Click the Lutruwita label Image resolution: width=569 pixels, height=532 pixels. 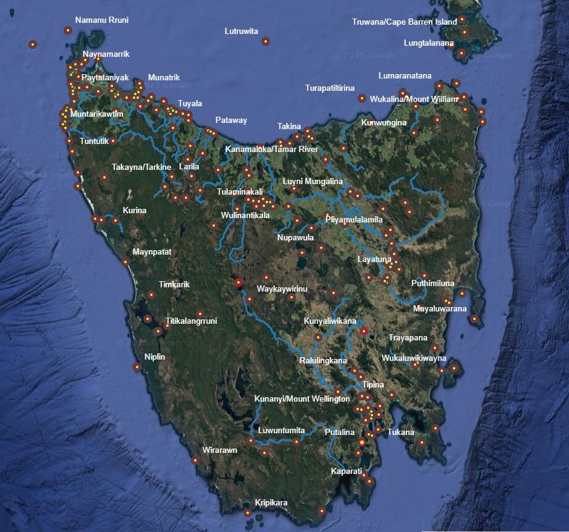[242, 31]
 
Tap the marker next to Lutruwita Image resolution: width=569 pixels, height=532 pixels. [266, 41]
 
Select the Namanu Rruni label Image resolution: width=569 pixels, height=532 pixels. [102, 20]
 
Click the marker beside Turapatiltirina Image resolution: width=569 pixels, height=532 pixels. [361, 98]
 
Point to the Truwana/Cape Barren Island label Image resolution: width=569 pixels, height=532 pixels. [405, 22]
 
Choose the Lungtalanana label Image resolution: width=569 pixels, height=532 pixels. [429, 44]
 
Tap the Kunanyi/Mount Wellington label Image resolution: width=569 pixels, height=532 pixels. [302, 399]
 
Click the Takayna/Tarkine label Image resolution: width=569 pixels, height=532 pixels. [141, 167]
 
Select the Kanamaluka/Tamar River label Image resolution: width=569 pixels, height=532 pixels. [272, 150]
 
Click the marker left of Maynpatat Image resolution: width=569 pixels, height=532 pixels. [125, 261]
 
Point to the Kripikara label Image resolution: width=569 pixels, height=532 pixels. [271, 503]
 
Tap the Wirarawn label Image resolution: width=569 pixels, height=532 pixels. [220, 450]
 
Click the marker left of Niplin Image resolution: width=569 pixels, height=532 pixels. [137, 367]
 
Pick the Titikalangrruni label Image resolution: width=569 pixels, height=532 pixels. [192, 321]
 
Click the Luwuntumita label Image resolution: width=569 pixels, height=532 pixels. [282, 430]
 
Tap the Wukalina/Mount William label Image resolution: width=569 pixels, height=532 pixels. [415, 99]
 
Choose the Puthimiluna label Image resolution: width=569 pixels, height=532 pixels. [432, 284]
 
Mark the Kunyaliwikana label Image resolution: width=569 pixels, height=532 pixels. [330, 321]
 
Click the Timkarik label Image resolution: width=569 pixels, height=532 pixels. [174, 285]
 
